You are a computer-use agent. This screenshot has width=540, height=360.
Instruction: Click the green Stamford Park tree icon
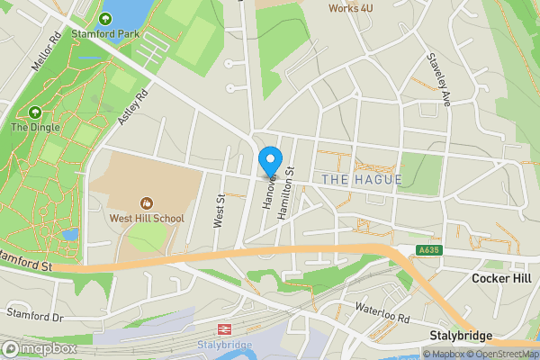[106, 19]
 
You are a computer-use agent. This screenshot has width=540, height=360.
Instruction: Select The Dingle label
[35, 128]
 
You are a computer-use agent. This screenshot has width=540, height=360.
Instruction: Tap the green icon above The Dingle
[35, 112]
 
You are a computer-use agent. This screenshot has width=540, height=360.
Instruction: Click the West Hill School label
[146, 218]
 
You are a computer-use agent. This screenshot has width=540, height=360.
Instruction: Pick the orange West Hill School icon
[146, 202]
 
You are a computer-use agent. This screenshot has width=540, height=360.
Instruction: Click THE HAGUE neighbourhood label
[361, 180]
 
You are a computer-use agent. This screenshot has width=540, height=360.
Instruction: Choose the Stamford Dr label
[35, 316]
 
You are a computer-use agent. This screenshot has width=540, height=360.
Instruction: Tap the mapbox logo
[39, 347]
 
